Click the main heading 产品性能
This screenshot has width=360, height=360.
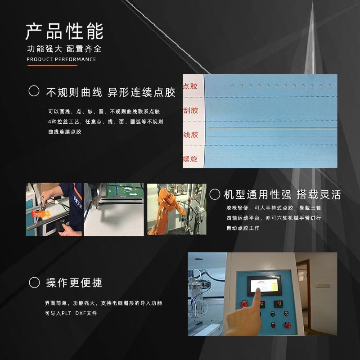click(64, 31)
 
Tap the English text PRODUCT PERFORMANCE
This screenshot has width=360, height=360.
click(61, 59)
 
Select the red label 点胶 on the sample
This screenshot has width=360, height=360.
click(190, 86)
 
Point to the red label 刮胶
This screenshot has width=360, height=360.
click(190, 110)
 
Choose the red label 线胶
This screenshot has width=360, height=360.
click(190, 135)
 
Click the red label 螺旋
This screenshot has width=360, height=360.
click(190, 159)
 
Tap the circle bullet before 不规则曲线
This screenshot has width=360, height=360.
click(34, 91)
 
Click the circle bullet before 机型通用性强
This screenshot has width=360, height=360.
click(215, 194)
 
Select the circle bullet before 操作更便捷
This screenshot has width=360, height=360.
click(34, 283)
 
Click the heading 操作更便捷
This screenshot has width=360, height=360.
click(74, 283)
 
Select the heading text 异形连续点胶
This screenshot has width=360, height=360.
click(142, 93)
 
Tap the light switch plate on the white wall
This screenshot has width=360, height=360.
click(323, 285)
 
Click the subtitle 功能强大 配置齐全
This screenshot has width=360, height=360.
click(64, 49)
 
